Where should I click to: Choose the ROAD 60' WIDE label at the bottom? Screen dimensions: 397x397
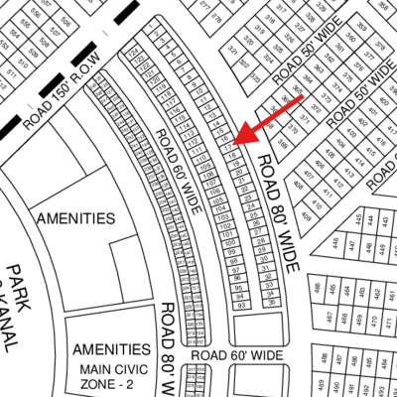(237, 354)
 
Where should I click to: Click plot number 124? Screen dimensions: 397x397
(133, 50)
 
